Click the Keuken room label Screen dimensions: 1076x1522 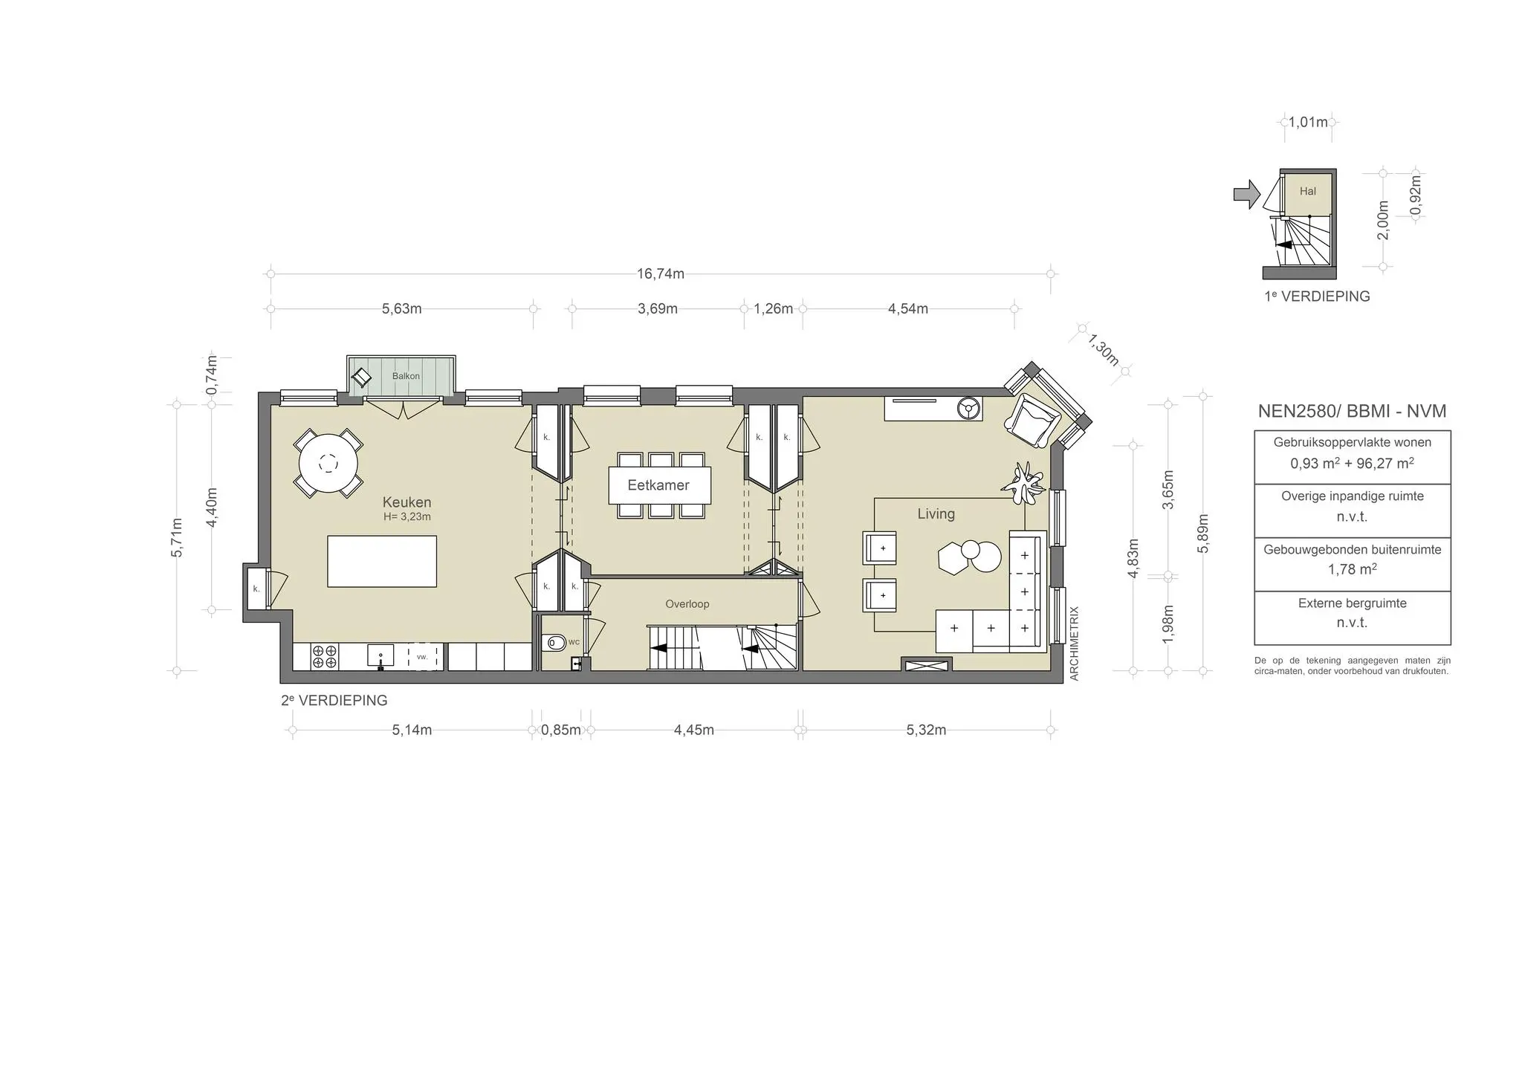(407, 502)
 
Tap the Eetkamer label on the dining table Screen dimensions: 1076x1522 (658, 485)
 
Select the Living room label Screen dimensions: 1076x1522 (936, 513)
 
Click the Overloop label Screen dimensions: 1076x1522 (687, 604)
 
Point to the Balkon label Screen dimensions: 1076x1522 (406, 376)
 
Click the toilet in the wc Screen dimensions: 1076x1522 (554, 642)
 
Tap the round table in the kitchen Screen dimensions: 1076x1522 (328, 464)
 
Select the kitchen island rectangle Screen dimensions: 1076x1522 (382, 561)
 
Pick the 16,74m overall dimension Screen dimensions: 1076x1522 (660, 273)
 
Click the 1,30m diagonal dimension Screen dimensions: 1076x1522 (1104, 349)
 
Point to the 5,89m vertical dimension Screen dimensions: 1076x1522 (1203, 534)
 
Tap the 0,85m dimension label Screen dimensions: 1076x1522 (561, 730)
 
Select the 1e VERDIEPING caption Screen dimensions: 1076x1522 (1317, 296)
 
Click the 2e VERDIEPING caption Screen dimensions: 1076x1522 (334, 700)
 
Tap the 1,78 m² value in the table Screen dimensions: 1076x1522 (1352, 569)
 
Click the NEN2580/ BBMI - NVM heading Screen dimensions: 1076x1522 (1352, 411)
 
